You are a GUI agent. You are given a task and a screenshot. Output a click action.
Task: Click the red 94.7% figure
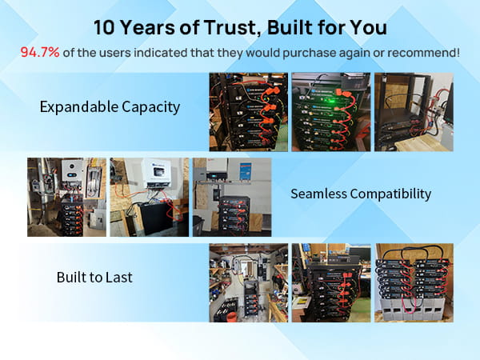click(x=40, y=52)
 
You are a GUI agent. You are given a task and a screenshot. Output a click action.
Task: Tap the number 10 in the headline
click(x=104, y=27)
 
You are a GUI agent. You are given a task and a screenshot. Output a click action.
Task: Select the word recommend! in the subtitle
click(x=424, y=53)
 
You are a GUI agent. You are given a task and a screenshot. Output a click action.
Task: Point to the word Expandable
click(x=79, y=107)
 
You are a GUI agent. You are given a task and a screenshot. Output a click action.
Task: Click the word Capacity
click(x=151, y=107)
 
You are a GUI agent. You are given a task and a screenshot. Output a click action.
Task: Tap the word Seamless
click(x=318, y=194)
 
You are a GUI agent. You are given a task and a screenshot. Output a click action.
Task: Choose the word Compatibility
click(x=390, y=194)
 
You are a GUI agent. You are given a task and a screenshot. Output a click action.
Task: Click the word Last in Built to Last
click(x=119, y=278)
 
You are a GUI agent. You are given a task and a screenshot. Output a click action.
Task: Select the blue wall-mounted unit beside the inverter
click(x=246, y=171)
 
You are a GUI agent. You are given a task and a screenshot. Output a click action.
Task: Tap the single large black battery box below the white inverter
click(x=157, y=218)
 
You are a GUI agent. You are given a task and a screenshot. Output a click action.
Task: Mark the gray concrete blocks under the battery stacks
click(x=414, y=309)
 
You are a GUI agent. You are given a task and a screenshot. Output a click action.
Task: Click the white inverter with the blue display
click(x=72, y=170)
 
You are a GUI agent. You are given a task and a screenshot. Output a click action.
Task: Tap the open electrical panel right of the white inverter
click(x=93, y=181)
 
